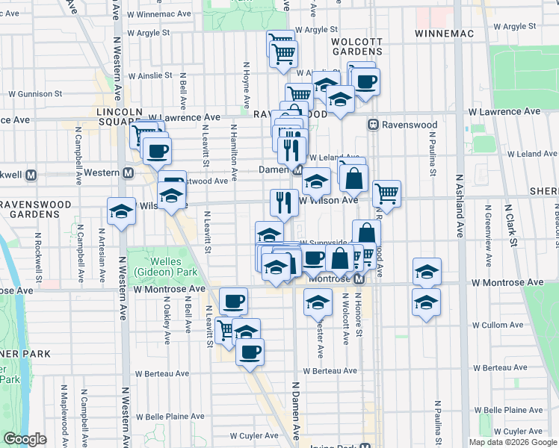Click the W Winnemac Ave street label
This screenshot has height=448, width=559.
coord(159,13)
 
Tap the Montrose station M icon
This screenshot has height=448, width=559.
coord(359,279)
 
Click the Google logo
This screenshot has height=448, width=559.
coord(25,439)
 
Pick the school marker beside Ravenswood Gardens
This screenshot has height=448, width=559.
coord(121,211)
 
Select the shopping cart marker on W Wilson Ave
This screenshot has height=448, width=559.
coord(386,194)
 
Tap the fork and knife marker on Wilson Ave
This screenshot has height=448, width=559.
coord(284,202)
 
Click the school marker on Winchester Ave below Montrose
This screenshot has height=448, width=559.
coord(318,302)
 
